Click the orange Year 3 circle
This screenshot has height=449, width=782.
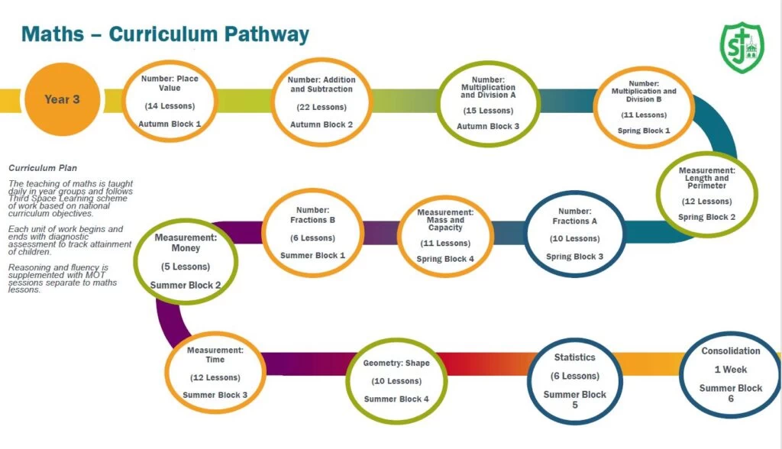(x=62, y=99)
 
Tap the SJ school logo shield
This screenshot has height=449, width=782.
(x=741, y=47)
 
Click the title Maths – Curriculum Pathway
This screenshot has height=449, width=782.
(x=165, y=34)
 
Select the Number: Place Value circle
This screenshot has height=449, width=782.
(x=170, y=101)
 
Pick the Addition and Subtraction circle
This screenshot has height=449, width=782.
(x=321, y=101)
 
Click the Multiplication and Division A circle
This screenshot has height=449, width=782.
(x=488, y=103)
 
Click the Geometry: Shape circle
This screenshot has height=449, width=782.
(x=396, y=380)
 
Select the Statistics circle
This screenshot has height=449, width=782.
(x=574, y=381)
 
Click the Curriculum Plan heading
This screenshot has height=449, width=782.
(x=43, y=168)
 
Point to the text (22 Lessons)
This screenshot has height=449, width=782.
(x=321, y=107)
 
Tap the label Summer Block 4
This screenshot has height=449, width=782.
(x=396, y=399)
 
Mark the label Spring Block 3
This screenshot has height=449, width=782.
(x=574, y=257)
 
